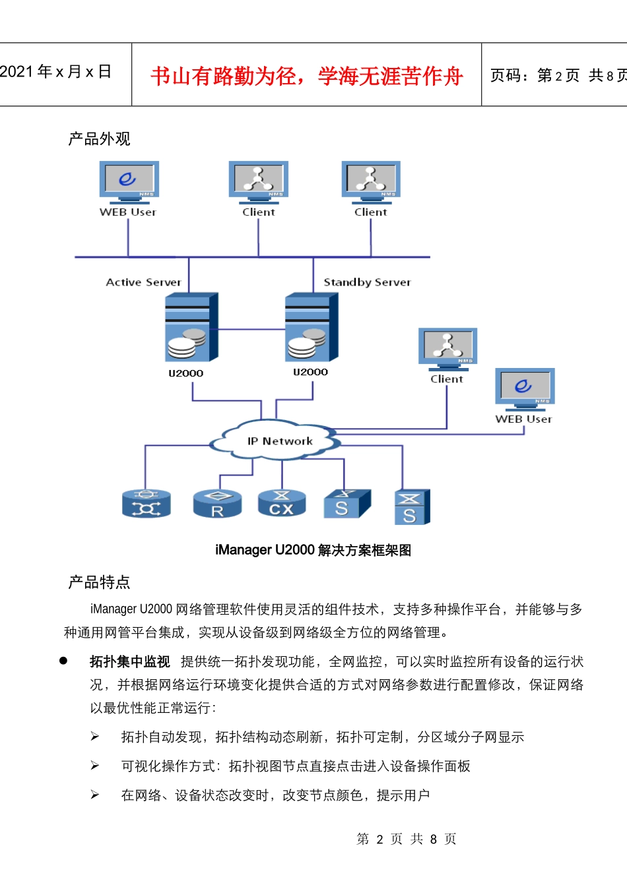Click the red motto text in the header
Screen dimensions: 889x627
click(x=306, y=76)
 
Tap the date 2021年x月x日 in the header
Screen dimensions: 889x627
click(x=55, y=72)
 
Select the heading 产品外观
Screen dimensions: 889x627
click(x=99, y=138)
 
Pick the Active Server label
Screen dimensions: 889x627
click(x=143, y=282)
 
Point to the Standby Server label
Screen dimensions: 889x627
click(x=367, y=282)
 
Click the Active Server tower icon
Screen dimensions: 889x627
click(x=191, y=327)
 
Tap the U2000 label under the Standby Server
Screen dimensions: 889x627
click(x=310, y=372)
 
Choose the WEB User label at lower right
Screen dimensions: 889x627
click(x=523, y=419)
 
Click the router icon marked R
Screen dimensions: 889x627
click(x=217, y=504)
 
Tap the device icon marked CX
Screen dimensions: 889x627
click(x=281, y=504)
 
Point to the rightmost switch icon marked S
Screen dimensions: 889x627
click(x=412, y=507)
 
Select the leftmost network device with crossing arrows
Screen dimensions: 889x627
click(x=147, y=504)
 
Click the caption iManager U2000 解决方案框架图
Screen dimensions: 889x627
click(x=313, y=550)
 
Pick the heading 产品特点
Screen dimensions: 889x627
click(x=99, y=582)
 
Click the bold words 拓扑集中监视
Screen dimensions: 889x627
click(x=130, y=661)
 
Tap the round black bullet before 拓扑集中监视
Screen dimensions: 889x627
click(x=63, y=660)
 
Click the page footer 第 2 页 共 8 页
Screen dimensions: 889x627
click(x=406, y=839)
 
